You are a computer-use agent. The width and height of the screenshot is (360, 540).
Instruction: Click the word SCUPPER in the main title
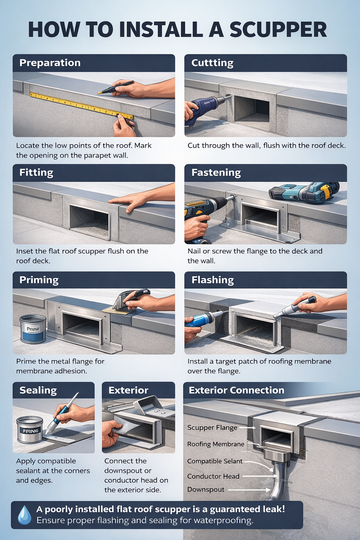pyautogui.click(x=278, y=30)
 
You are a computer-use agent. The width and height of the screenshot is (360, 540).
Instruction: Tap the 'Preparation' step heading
pyautogui.click(x=50, y=63)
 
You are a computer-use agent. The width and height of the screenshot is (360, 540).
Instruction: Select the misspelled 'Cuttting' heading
pyautogui.click(x=212, y=63)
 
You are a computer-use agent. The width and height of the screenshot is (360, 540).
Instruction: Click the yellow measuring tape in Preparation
pyautogui.click(x=81, y=105)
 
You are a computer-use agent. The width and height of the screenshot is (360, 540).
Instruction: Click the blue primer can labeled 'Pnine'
pyautogui.click(x=33, y=329)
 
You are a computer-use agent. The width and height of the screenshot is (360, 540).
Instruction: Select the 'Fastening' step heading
pyautogui.click(x=216, y=173)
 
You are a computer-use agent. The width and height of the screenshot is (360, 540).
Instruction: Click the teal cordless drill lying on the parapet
pyautogui.click(x=304, y=192)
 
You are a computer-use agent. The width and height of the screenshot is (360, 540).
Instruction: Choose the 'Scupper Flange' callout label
pyautogui.click(x=212, y=427)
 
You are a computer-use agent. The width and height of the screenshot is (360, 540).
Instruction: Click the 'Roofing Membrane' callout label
pyautogui.click(x=216, y=444)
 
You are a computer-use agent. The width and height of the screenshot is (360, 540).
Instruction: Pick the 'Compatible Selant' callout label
pyautogui.click(x=215, y=461)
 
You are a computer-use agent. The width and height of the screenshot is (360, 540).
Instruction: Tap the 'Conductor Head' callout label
pyautogui.click(x=213, y=476)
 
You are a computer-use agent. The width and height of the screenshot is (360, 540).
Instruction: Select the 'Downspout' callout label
pyautogui.click(x=206, y=489)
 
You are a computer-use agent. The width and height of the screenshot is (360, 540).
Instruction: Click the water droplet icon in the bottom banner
pyautogui.click(x=24, y=515)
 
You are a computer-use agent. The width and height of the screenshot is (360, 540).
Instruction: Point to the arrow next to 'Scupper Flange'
pyautogui.click(x=248, y=428)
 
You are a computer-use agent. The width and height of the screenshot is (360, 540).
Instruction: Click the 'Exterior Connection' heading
pyautogui.click(x=236, y=390)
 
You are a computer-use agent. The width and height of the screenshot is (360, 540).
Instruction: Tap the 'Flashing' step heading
pyautogui.click(x=213, y=280)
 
